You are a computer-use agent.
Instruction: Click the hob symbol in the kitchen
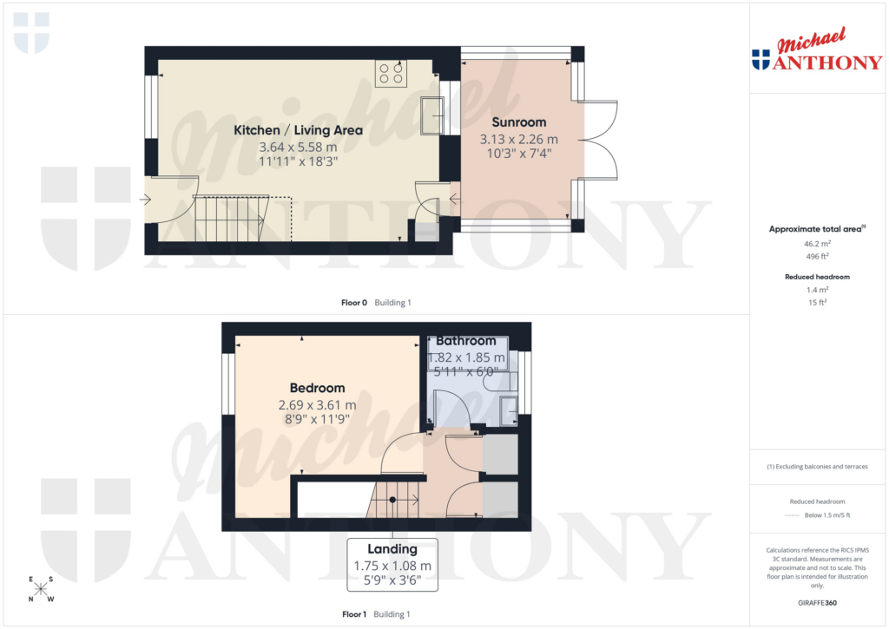pyautogui.click(x=390, y=74)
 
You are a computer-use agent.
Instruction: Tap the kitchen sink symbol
pyautogui.click(x=431, y=116)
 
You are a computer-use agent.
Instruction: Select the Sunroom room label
pyautogui.click(x=519, y=122)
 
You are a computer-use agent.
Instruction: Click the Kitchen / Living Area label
pyautogui.click(x=298, y=130)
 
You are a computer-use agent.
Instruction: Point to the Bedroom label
pyautogui.click(x=317, y=388)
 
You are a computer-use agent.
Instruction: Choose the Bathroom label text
pyautogui.click(x=466, y=341)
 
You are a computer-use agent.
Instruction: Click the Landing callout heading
pyautogui.click(x=392, y=549)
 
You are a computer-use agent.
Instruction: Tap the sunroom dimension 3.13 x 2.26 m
pyautogui.click(x=519, y=139)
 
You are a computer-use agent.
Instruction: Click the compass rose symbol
pyautogui.click(x=41, y=590)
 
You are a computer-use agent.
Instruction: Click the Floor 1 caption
pyautogui.click(x=354, y=614)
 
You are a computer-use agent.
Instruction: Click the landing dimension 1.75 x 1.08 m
pyautogui.click(x=392, y=566)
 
